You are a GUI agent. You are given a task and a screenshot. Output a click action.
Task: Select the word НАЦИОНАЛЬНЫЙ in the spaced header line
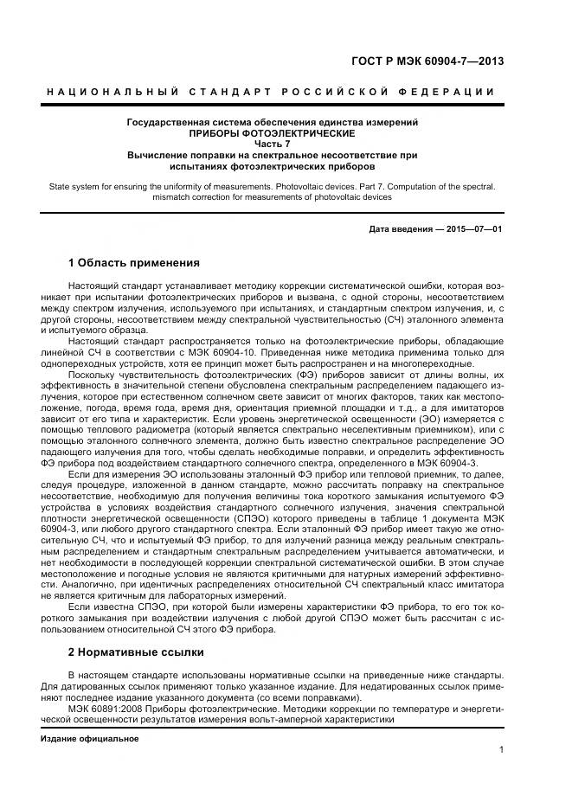pos(112,92)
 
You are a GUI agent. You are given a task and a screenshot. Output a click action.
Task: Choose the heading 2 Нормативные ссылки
pos(135,652)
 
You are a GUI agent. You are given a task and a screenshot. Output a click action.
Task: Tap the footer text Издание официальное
pos(90,738)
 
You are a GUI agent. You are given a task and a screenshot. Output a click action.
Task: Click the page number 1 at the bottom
pos(502,751)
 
